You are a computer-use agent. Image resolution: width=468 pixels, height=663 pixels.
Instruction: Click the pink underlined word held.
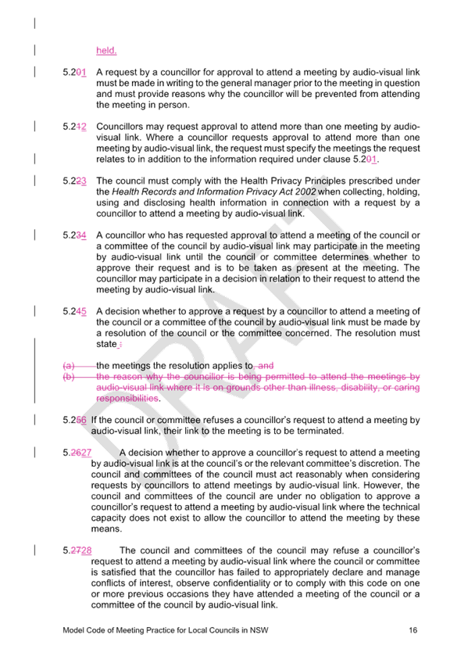pyautogui.click(x=106, y=50)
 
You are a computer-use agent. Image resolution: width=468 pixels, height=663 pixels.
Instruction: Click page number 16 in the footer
pyautogui.click(x=413, y=630)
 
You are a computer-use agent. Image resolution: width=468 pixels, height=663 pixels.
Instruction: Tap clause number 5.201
pyautogui.click(x=75, y=72)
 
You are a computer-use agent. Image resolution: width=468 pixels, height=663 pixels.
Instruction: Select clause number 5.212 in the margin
pyautogui.click(x=75, y=127)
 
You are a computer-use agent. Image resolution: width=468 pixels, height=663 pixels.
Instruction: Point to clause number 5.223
pyautogui.click(x=75, y=181)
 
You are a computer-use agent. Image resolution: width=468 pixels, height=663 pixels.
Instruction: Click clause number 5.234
pyautogui.click(x=75, y=235)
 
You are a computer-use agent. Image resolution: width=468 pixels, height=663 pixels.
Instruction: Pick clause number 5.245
pyautogui.click(x=75, y=311)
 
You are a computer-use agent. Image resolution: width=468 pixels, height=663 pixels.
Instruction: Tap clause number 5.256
pyautogui.click(x=75, y=420)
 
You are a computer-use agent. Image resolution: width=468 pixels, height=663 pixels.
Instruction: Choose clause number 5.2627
pyautogui.click(x=77, y=453)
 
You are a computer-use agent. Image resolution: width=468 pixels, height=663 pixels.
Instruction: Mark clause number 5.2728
pyautogui.click(x=77, y=550)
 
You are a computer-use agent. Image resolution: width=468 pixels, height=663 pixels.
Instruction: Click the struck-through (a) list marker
pyautogui.click(x=69, y=366)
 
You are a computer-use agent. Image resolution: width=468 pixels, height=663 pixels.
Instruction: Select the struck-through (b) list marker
pyautogui.click(x=69, y=376)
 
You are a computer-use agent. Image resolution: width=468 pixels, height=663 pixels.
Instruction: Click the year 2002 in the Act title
pyautogui.click(x=305, y=192)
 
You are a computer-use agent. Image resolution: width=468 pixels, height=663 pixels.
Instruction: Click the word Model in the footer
pyautogui.click(x=73, y=630)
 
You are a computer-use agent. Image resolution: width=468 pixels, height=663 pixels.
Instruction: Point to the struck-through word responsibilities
pyautogui.click(x=127, y=398)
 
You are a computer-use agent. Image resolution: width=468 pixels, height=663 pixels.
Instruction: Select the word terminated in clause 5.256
pyautogui.click(x=321, y=431)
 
